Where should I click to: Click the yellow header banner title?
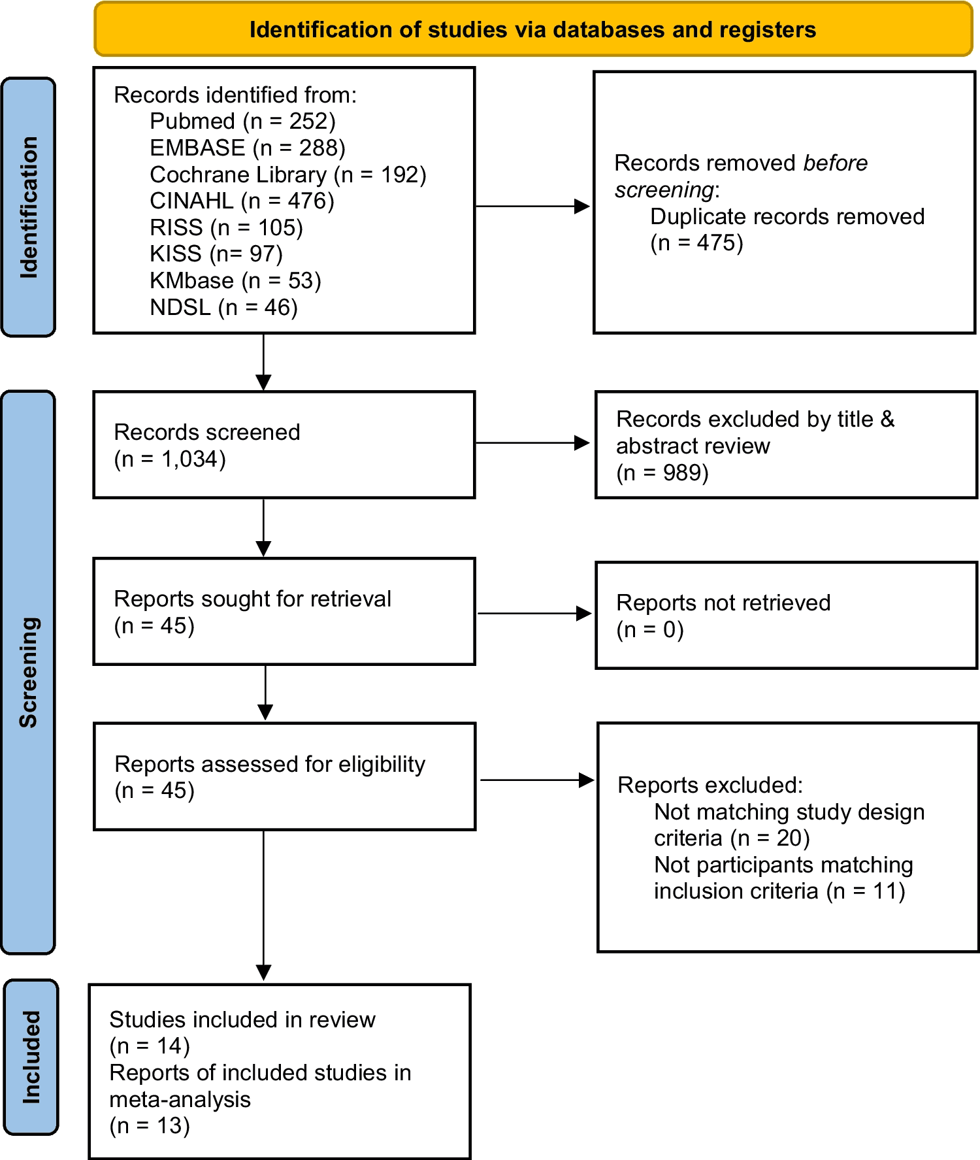532,30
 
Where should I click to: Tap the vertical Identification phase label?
29,207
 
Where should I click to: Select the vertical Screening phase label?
29,672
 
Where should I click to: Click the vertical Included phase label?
31,1057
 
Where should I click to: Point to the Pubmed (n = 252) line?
242,122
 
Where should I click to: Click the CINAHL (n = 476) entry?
242,201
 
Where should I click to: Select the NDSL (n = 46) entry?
223,307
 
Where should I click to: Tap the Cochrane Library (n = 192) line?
287,174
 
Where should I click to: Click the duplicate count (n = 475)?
696,243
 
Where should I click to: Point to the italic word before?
835,163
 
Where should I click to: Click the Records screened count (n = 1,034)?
170,459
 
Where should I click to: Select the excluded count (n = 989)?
662,472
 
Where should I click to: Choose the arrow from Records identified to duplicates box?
532,207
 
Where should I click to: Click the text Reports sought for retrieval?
252,599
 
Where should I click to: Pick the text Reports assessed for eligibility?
269,764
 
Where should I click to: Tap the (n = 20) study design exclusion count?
770,838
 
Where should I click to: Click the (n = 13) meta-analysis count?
150,1126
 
